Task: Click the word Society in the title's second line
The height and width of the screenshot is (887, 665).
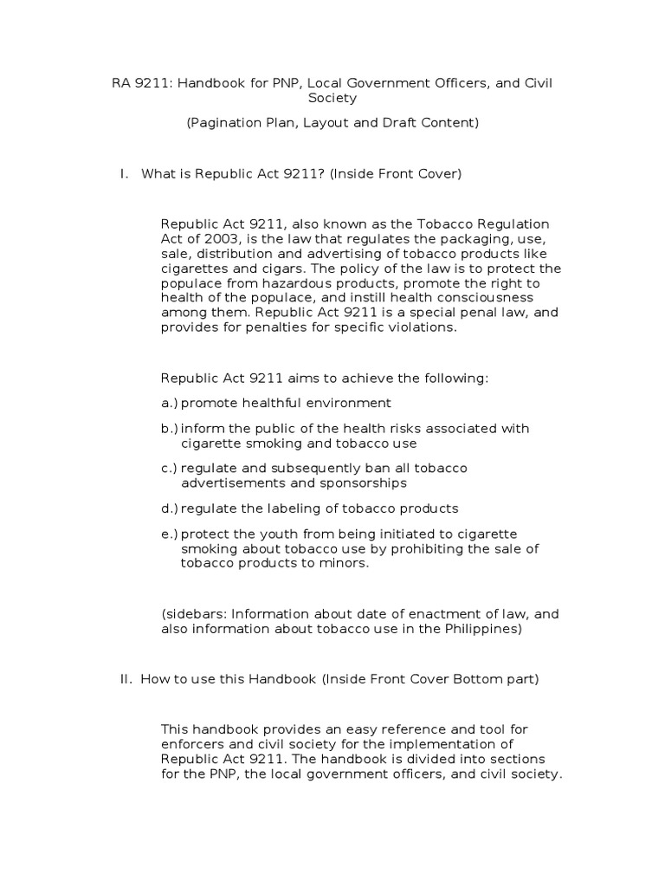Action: [x=332, y=99]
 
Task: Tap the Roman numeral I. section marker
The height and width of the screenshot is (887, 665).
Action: [x=124, y=174]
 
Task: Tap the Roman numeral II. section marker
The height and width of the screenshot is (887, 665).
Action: [x=126, y=679]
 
